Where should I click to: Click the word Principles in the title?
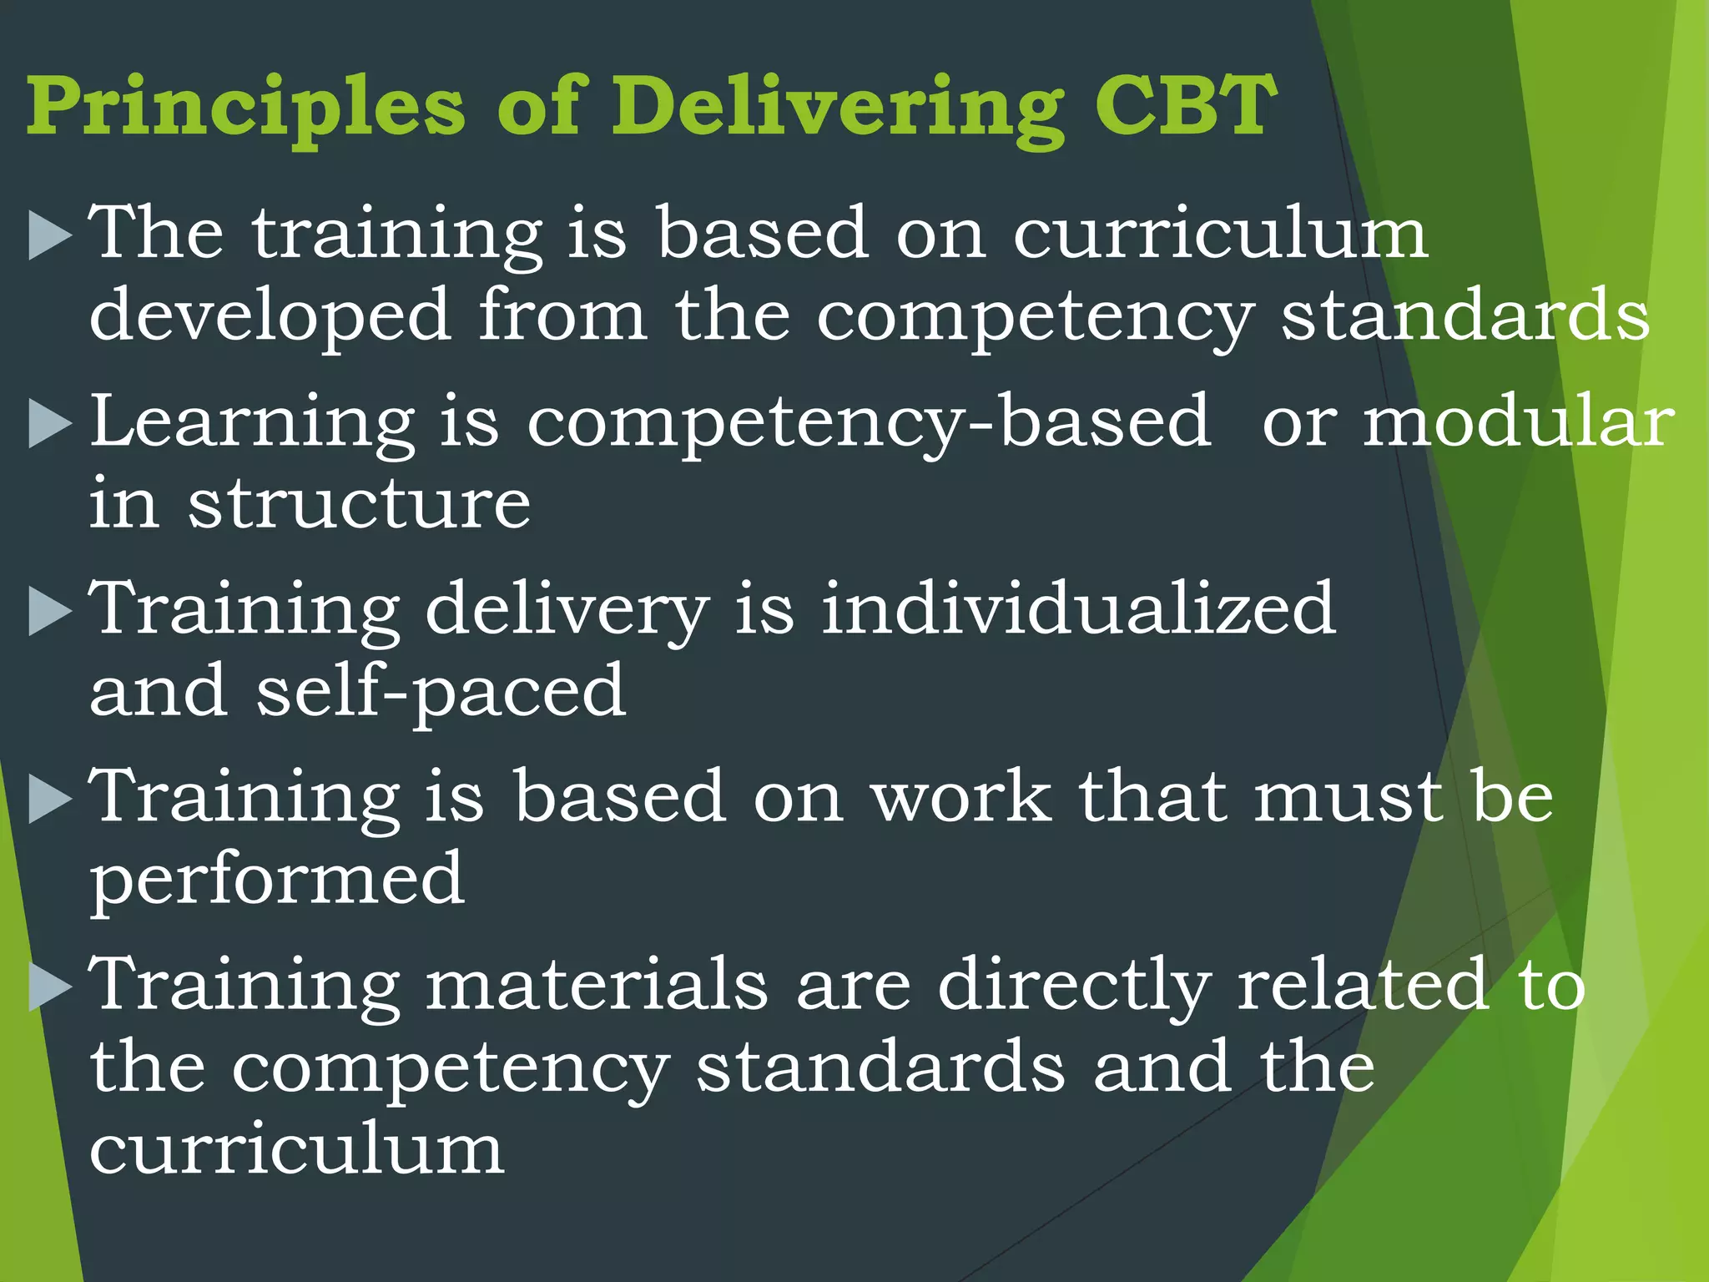[246, 109]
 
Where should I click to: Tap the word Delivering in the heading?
[838, 109]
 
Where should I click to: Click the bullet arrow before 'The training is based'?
[50, 235]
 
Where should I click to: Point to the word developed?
[270, 315]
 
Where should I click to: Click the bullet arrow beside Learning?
[50, 424]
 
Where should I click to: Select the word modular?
[1518, 421]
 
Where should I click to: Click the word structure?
[359, 504]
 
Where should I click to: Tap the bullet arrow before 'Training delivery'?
[50, 611]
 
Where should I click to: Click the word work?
[960, 797]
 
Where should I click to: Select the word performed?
[276, 881]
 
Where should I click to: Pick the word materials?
[597, 985]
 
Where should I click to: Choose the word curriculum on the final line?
[296, 1150]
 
